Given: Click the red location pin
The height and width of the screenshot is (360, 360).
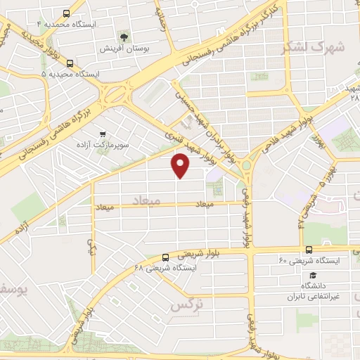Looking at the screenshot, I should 181,166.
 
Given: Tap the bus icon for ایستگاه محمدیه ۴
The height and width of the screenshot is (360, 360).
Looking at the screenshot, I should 67,13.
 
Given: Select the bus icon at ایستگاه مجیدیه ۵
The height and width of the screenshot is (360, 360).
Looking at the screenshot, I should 69,63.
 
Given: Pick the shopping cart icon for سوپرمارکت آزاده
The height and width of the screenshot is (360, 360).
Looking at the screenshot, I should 103,134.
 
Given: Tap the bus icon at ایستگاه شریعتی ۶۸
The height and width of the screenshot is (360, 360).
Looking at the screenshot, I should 165,257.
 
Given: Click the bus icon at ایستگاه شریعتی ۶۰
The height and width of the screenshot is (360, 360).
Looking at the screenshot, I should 309,250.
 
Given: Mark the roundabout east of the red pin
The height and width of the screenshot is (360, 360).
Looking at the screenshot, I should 247,166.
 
